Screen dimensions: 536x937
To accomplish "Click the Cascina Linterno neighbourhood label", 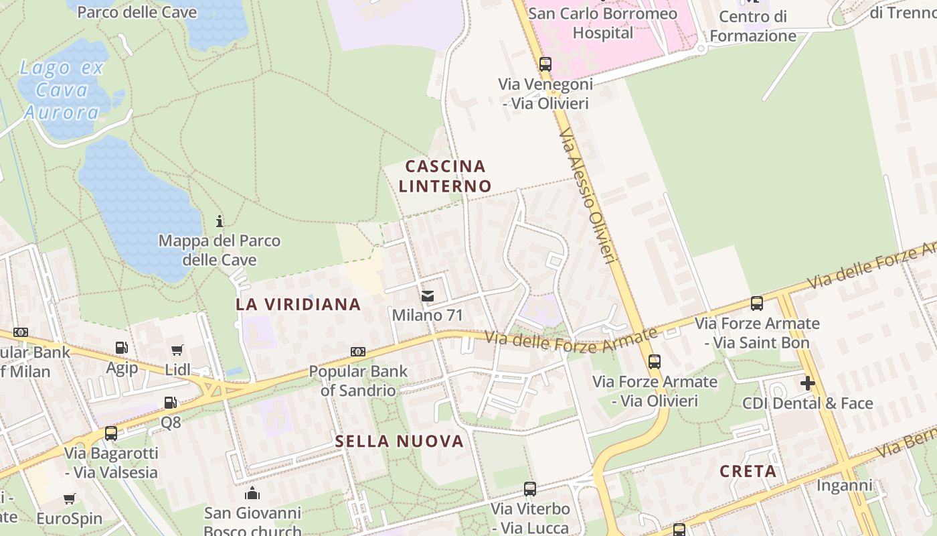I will point(445,176).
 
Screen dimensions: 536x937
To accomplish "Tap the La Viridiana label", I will point(298,304).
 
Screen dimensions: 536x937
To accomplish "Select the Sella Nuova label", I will point(399,441).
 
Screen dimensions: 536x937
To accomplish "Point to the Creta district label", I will point(748,471).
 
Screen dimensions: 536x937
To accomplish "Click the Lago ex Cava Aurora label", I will point(61,90).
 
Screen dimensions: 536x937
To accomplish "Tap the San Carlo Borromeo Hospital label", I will point(602,23).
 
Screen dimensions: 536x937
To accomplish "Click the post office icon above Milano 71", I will point(428,295).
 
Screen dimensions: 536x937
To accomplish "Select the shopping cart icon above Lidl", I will point(177,349).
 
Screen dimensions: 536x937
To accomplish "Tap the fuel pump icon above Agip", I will point(122,347).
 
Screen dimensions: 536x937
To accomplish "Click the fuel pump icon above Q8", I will point(171,403).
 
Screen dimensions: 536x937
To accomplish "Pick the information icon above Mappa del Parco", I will point(219,220).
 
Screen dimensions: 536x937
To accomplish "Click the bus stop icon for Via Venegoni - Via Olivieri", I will point(545,64).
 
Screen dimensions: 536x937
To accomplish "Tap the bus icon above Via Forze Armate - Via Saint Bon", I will point(756,304).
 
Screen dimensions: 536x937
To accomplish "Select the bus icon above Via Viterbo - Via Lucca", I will point(529,489).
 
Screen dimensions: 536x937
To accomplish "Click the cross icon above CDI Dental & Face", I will point(808,383).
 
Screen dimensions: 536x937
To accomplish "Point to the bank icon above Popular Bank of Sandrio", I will point(358,352).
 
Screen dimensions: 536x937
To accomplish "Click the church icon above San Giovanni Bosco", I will point(252,494).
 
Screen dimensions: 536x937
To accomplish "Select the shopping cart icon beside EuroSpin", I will point(69,499).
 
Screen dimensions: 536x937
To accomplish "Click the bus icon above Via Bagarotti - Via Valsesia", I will point(111,433).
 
